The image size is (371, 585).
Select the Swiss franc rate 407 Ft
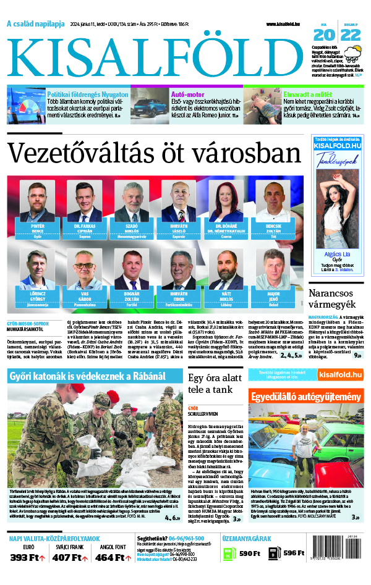(70, 558)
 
